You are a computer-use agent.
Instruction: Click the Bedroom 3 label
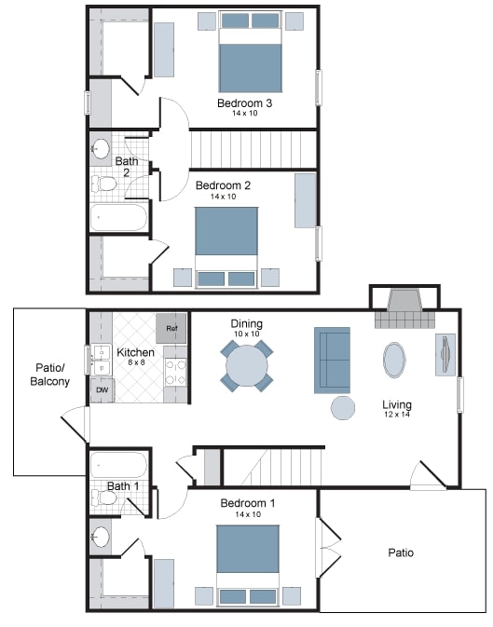pos(244,102)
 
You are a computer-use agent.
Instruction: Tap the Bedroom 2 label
pos(223,185)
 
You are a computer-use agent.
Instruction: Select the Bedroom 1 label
pos(248,503)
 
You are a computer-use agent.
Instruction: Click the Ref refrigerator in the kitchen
pos(171,329)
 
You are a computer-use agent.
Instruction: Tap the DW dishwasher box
pos(101,389)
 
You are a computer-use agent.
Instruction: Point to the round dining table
pos(247,366)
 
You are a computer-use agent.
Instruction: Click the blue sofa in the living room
pos(332,360)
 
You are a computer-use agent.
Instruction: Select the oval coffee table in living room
pos(395,359)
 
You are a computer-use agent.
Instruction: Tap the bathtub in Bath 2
pos(118,218)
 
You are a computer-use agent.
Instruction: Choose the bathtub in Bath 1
pos(118,464)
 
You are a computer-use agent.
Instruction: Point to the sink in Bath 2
pos(102,149)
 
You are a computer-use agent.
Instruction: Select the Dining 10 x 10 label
pos(247,328)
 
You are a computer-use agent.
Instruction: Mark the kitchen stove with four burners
pos(176,372)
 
